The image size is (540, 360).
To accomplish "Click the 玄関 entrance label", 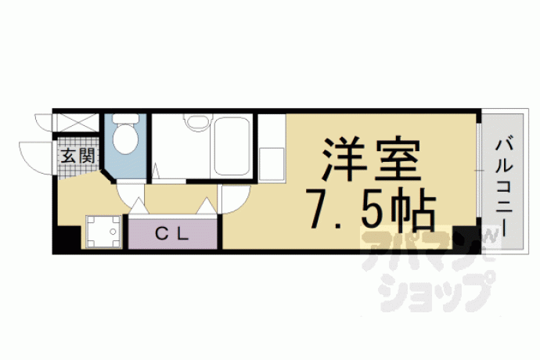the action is tap(77, 156).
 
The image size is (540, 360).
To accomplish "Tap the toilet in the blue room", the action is tap(126, 135).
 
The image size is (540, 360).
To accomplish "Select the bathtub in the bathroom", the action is tap(232, 146).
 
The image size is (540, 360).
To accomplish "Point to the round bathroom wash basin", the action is tap(196, 122).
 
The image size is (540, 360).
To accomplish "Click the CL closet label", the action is tap(172, 235).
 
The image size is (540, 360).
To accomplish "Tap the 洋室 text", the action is tap(372, 160).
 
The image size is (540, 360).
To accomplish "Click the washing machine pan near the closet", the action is tap(103, 232).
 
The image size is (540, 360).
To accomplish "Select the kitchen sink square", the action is tap(272, 164).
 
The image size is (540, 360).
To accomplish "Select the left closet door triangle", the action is tap(139, 206).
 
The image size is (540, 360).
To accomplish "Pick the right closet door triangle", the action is tap(206, 206).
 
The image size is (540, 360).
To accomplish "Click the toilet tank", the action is tap(126, 118).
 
